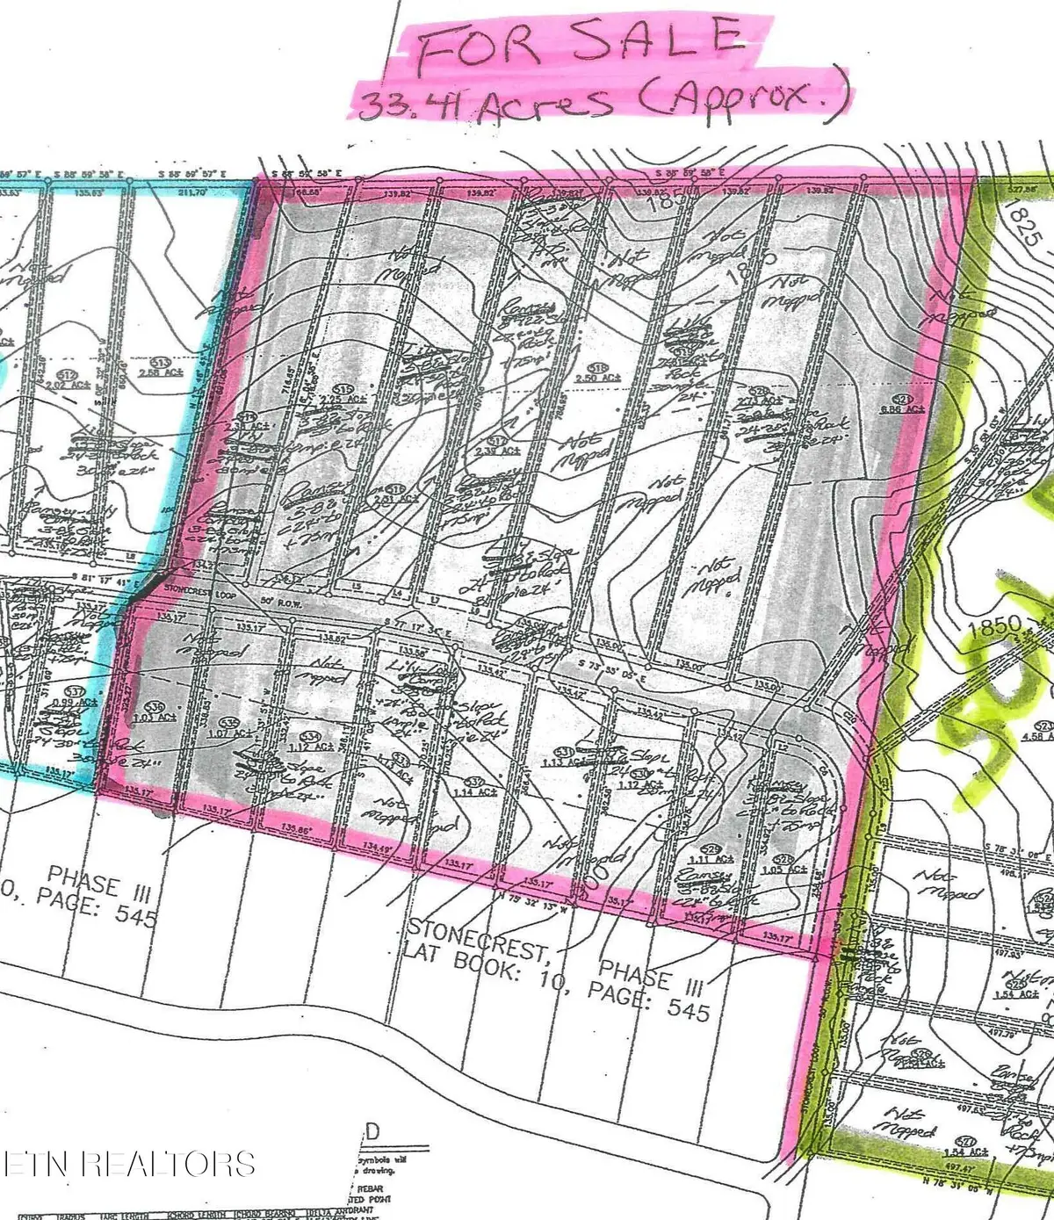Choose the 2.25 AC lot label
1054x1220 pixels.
[345, 397]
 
